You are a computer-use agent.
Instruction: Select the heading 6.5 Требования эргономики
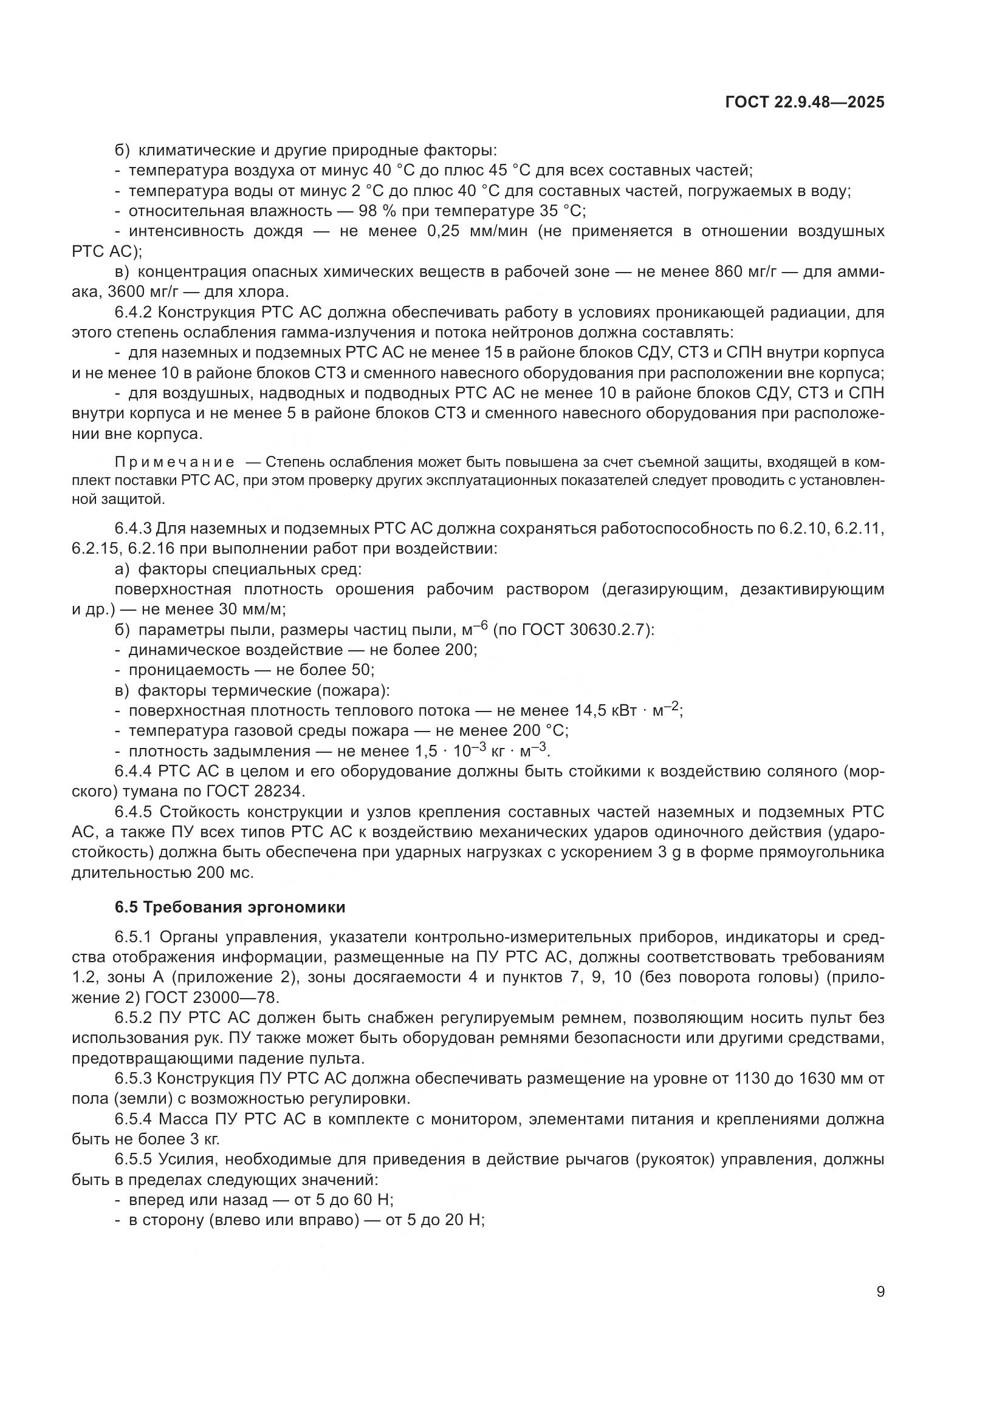click(x=230, y=907)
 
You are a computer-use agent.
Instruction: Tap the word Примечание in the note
click(x=174, y=463)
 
